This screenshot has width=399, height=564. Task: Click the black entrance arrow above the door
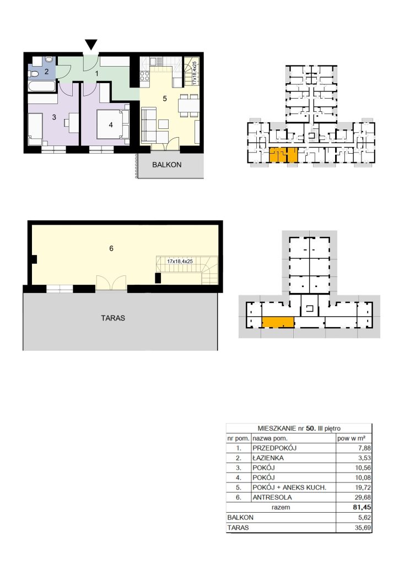pyautogui.click(x=91, y=44)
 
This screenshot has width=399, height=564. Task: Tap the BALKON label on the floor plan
pyautogui.click(x=166, y=165)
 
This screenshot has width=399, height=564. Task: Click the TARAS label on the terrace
pyautogui.click(x=113, y=318)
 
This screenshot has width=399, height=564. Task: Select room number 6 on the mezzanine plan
pyautogui.click(x=111, y=248)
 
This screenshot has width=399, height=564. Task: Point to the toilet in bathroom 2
pyautogui.click(x=34, y=74)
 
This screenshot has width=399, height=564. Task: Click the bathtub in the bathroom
pyautogui.click(x=42, y=86)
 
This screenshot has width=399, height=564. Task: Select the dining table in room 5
pyautogui.click(x=188, y=106)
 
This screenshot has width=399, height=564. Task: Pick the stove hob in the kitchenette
pyautogui.click(x=144, y=76)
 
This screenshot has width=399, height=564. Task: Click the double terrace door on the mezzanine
pyautogui.click(x=111, y=283)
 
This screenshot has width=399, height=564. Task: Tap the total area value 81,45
pyautogui.click(x=362, y=507)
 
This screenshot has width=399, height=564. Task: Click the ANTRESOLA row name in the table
pyautogui.click(x=272, y=497)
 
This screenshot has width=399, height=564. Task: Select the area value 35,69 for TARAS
pyautogui.click(x=363, y=528)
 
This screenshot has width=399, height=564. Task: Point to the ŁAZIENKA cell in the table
pyautogui.click(x=268, y=458)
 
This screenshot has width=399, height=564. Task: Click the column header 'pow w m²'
pyautogui.click(x=352, y=438)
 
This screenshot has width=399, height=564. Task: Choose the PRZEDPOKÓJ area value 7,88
pyautogui.click(x=364, y=448)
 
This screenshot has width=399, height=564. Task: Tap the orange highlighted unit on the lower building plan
pyautogui.click(x=278, y=322)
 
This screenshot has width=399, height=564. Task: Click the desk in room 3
pyautogui.click(x=73, y=120)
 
